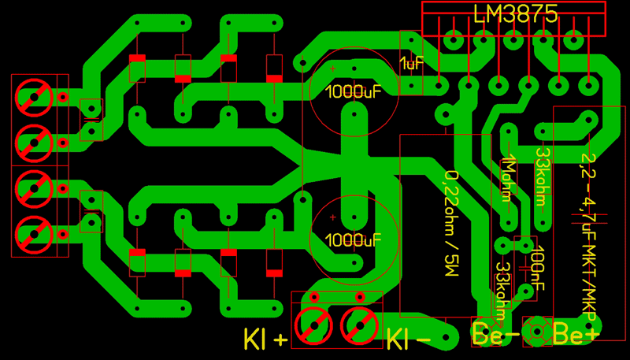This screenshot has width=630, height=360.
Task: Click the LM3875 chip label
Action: point(516,14)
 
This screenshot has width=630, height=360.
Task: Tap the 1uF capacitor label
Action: point(412,63)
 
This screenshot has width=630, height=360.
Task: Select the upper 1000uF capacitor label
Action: point(353,92)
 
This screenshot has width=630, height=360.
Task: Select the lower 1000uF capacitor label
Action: point(353,240)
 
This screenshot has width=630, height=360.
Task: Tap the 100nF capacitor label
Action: point(538,267)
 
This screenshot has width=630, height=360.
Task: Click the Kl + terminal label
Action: point(265,339)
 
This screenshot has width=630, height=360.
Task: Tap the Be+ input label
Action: point(576,333)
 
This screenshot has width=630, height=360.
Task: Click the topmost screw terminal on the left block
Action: point(34,97)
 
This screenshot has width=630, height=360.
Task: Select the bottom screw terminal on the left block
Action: point(34,234)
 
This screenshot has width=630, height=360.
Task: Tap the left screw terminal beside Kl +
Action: point(313,326)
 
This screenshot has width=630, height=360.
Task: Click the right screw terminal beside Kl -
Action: point(360,326)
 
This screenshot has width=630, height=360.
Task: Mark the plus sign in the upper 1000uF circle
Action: point(332,69)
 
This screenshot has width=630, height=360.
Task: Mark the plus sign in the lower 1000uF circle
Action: point(332,217)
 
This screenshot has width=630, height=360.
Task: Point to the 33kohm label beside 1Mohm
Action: point(543,177)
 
